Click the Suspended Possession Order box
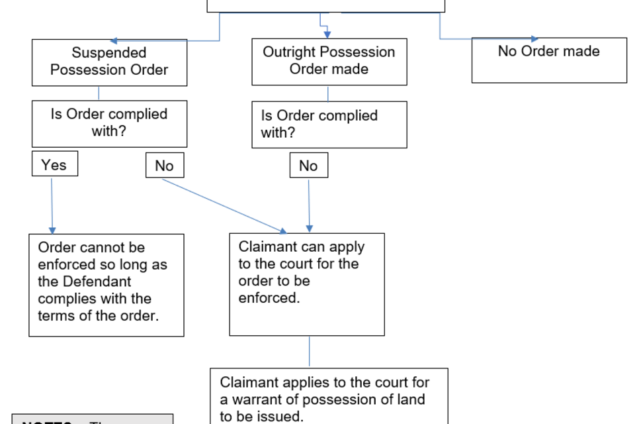109,62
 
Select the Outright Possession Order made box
329,62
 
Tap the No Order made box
548,60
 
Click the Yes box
54,164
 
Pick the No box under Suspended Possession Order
164,166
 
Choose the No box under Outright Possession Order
308,166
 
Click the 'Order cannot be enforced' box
106,285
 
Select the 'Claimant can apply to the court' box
306,284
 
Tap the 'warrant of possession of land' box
329,396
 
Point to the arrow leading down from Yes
52,205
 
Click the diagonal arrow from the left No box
225,206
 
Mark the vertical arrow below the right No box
309,205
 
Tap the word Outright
291,52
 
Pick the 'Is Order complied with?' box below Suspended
109,123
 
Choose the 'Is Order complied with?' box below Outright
329,125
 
